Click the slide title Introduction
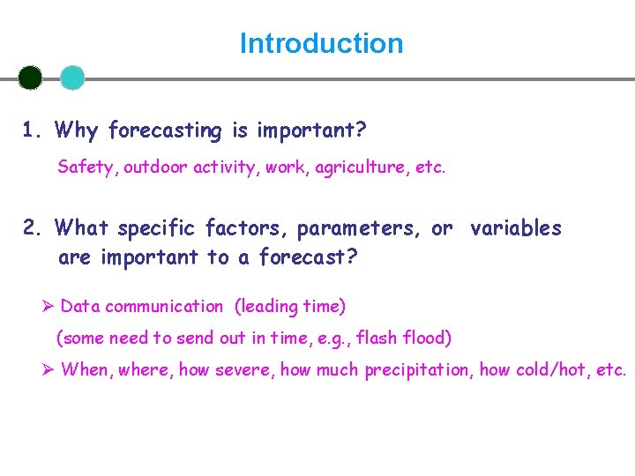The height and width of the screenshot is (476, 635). (x=321, y=43)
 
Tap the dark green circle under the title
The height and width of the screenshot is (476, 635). (x=30, y=78)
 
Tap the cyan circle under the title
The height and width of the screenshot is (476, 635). (x=72, y=78)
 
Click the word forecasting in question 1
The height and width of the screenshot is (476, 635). (x=166, y=131)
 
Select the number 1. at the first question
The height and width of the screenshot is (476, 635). (x=34, y=131)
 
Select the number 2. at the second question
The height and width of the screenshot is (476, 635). (x=34, y=228)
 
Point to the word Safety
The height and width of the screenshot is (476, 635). (x=84, y=167)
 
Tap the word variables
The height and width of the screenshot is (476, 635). (x=516, y=228)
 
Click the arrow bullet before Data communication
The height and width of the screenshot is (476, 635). (x=49, y=306)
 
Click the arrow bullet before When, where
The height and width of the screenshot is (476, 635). (x=49, y=369)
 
